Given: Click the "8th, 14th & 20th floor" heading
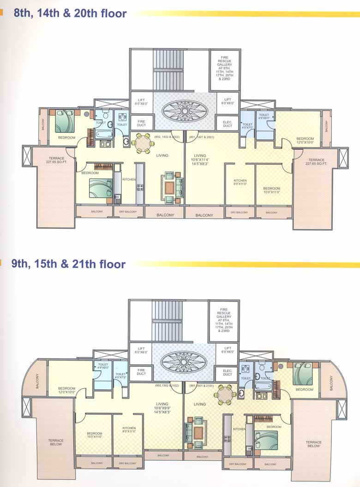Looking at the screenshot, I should click(70, 13).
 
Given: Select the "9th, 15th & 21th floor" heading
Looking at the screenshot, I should click(69, 264).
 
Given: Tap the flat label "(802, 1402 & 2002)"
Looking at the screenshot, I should click(167, 137).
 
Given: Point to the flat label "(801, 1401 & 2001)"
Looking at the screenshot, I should click(202, 137).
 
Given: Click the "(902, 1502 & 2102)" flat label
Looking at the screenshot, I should click(167, 385).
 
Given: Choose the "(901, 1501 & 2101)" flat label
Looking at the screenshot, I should click(201, 385).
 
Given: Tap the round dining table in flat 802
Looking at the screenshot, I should click(142, 143).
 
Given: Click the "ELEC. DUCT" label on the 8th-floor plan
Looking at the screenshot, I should click(228, 123).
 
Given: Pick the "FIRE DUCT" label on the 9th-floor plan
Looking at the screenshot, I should click(141, 372).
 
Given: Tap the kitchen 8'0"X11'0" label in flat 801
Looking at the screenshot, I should click(240, 182).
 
